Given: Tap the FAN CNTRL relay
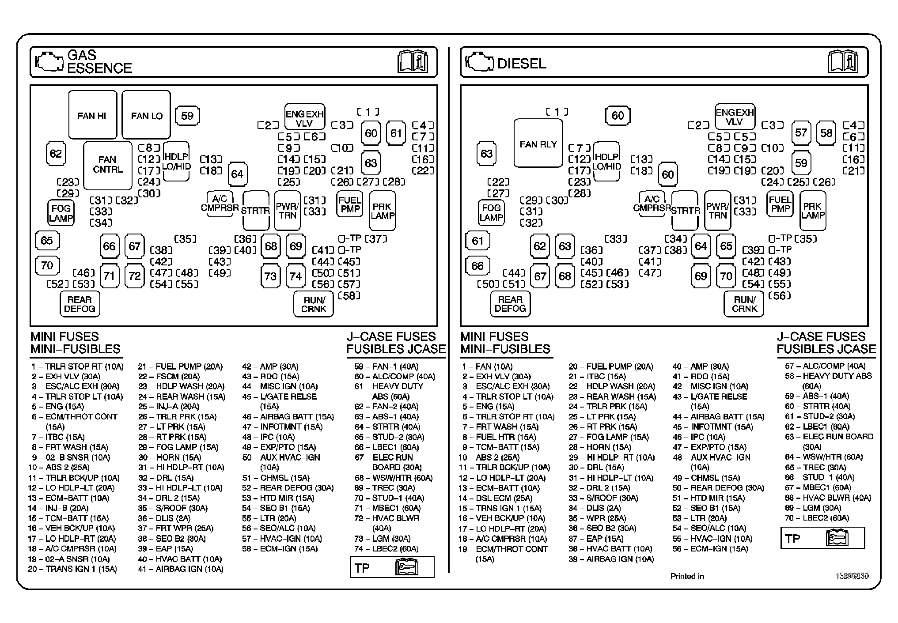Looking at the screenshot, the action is point(108,165).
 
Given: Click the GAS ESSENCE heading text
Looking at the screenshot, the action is point(99,62).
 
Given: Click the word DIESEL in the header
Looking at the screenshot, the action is point(522,64).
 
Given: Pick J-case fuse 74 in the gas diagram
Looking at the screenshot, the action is point(296,276).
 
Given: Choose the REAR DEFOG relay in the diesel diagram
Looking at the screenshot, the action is point(510,304).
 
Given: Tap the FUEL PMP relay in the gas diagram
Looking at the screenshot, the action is point(350,204).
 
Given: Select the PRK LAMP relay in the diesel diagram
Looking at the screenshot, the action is point(813,211).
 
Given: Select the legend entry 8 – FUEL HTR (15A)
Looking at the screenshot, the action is point(499,437).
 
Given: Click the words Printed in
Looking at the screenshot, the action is point(687,576).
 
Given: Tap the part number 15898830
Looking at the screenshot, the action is point(852,576).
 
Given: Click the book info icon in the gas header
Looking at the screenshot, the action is point(413,61).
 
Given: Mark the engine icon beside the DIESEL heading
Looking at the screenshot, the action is point(480,62).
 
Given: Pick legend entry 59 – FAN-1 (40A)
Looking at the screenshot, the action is point(386,366).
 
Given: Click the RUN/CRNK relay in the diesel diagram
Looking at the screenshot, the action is point(744,304).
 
